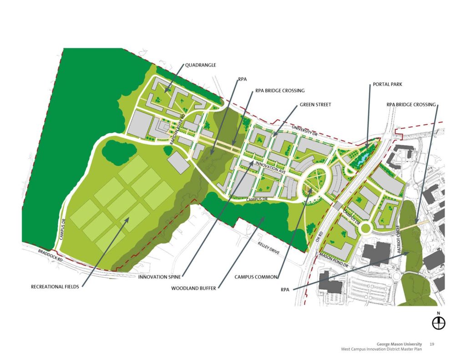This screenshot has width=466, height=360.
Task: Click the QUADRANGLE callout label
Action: (200, 65)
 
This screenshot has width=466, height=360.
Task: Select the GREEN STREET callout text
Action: (315, 105)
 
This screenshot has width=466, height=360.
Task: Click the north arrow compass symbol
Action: (439, 322)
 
